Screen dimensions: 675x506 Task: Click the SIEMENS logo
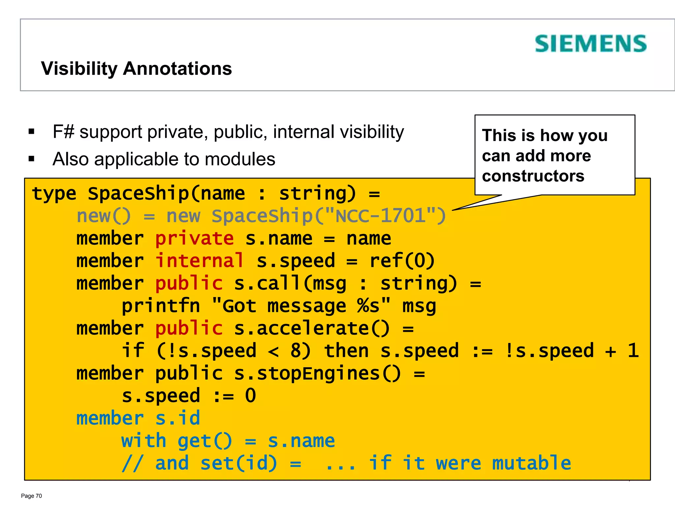[x=590, y=44]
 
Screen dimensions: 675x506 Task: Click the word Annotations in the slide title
[x=177, y=69]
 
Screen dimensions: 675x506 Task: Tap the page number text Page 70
[x=31, y=496]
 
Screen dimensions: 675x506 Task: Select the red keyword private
[x=194, y=238]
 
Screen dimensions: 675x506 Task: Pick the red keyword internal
[x=200, y=261]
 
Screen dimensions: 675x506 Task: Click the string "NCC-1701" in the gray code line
[x=380, y=216]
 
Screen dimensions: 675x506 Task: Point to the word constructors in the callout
[x=533, y=176]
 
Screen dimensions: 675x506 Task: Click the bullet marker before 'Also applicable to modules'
[x=32, y=159]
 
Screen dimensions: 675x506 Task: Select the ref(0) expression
[x=402, y=261]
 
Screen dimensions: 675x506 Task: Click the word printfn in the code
[x=161, y=306]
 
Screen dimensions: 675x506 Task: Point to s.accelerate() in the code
[x=312, y=328]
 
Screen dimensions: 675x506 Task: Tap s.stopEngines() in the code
[x=317, y=373]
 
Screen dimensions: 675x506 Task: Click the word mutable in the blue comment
[x=531, y=463]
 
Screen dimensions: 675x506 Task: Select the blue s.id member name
[x=178, y=418]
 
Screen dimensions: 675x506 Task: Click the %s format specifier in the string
[x=368, y=306]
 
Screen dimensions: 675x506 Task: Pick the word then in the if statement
[x=346, y=351]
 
